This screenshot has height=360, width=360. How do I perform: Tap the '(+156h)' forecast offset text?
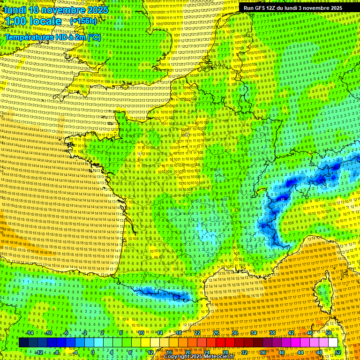[x=83, y=21]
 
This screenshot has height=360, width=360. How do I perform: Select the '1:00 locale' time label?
[x=33, y=21]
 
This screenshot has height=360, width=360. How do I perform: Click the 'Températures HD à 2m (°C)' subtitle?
[x=52, y=37]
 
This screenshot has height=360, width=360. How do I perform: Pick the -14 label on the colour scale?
[x=30, y=333]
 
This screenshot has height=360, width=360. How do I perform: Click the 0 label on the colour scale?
[x=93, y=352]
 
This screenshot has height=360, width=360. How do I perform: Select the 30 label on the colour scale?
[x=235, y=333]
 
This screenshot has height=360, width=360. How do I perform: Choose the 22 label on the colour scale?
[x=197, y=333]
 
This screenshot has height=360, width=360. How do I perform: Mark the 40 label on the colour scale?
[x=281, y=352]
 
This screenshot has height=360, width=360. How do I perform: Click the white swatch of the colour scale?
[x=333, y=343]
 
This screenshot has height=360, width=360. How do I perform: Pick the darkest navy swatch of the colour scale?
[x=23, y=343]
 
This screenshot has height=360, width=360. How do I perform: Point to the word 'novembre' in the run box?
[x=314, y=8]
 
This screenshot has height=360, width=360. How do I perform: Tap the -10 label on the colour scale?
[x=48, y=333]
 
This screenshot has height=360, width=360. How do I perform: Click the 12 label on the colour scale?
[x=150, y=352]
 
